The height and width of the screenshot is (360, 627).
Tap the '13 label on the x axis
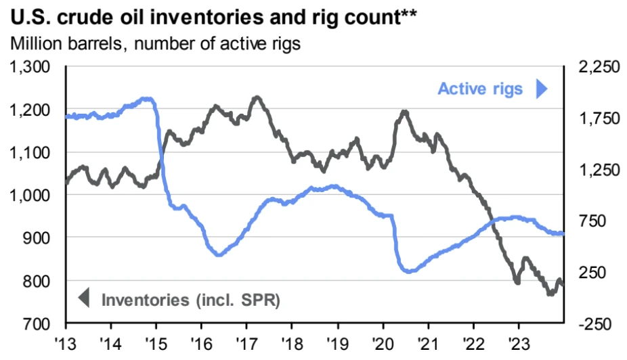pos(66,342)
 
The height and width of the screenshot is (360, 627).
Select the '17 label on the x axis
pos(246,342)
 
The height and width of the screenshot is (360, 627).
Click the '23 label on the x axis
pos(518,342)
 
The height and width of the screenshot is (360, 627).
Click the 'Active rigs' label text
pos(480,89)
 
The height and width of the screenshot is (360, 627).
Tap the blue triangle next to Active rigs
pos(540,89)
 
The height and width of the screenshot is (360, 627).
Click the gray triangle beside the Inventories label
pos(84,298)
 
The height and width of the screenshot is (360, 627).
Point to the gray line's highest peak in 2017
pos(256,97)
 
